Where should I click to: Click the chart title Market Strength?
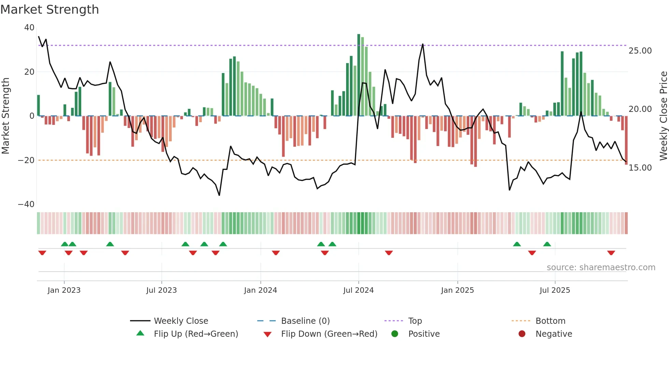(x=49, y=10)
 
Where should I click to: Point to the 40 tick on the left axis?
(x=29, y=28)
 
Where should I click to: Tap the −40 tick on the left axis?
(x=26, y=204)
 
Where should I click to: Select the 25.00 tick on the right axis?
(x=640, y=51)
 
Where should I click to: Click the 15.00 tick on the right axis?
(x=640, y=168)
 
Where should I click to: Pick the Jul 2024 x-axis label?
(x=358, y=290)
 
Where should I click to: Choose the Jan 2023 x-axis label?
(x=64, y=290)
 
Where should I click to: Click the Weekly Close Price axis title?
(x=663, y=116)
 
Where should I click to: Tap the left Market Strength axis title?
(x=6, y=116)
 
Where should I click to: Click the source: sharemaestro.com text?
(x=601, y=267)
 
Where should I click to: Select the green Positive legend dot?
(x=395, y=334)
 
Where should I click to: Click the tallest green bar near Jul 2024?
(x=359, y=75)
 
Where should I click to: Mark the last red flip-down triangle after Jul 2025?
(x=611, y=253)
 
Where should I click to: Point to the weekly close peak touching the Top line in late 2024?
(x=423, y=44)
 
